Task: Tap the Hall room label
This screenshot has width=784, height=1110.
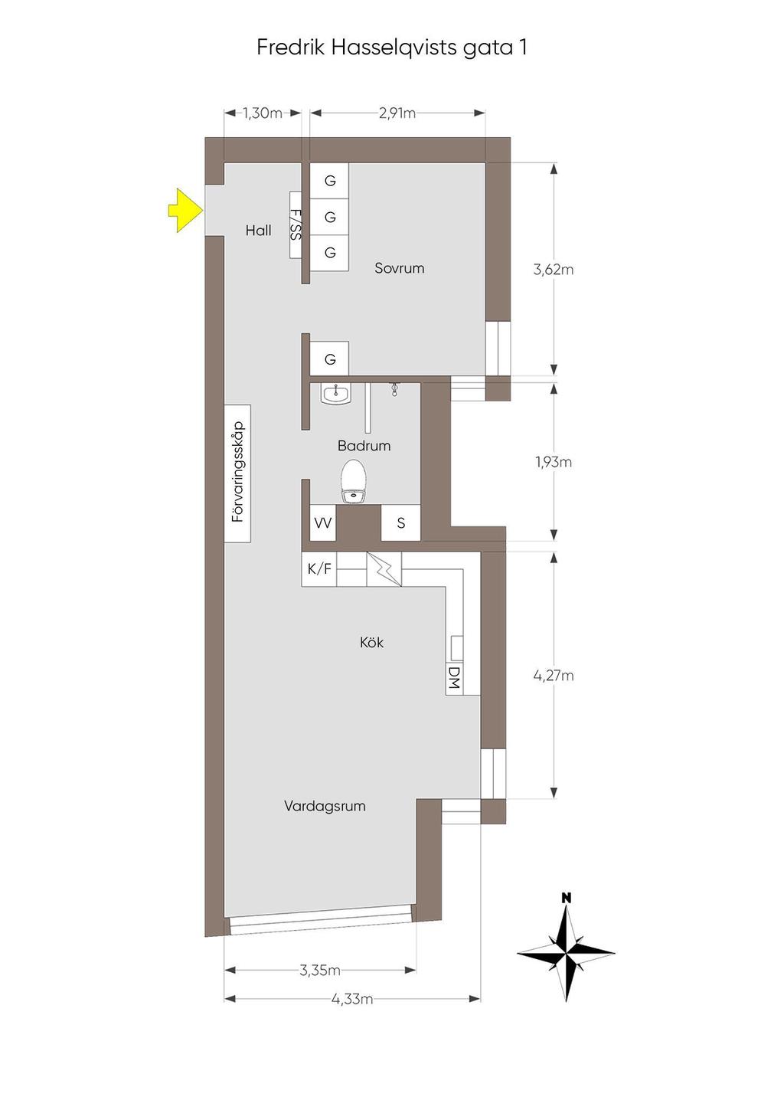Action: [258, 231]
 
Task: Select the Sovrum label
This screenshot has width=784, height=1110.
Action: [399, 268]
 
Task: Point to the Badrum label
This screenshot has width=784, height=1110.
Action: [364, 446]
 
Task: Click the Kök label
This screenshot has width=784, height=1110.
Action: [371, 643]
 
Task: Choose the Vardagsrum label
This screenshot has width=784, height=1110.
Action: [325, 806]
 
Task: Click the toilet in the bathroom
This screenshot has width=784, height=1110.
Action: [353, 480]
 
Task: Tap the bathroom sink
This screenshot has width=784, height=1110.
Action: [336, 395]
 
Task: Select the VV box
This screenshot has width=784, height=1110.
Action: [323, 522]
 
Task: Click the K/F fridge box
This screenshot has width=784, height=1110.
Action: [319, 569]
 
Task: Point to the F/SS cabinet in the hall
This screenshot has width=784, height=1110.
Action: [296, 224]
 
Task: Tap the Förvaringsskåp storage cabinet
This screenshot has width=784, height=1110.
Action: [237, 473]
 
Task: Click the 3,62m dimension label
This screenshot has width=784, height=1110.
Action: [554, 270]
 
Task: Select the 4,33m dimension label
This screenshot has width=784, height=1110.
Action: [351, 998]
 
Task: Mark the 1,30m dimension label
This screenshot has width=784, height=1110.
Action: [263, 113]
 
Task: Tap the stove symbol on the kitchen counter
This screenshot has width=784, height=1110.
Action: [384, 569]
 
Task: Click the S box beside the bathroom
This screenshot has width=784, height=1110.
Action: [400, 522]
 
